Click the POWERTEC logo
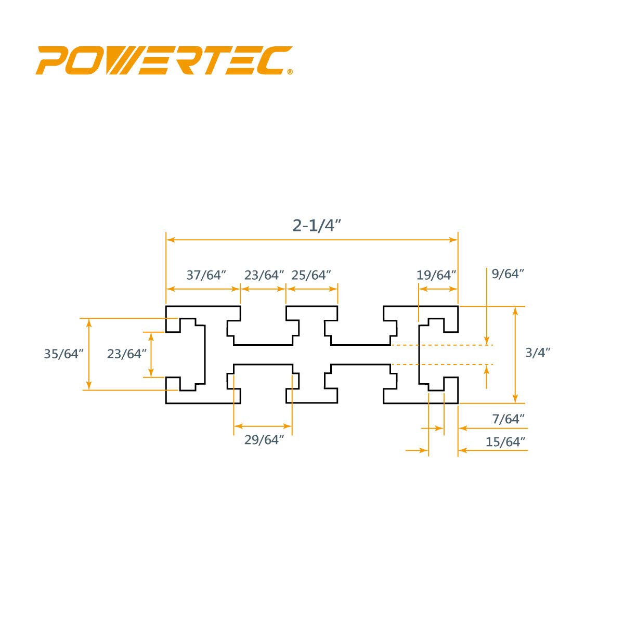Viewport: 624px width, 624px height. click(x=164, y=60)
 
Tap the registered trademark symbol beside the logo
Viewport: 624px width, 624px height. click(x=290, y=72)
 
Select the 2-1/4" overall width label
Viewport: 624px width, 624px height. click(x=317, y=226)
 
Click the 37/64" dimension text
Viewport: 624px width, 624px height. click(x=206, y=275)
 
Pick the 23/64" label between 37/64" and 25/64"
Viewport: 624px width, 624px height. click(x=264, y=275)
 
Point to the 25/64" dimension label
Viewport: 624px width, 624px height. click(x=311, y=275)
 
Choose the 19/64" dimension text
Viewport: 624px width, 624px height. click(x=436, y=275)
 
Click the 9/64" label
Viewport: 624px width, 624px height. click(x=508, y=274)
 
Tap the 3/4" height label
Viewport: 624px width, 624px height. click(x=538, y=353)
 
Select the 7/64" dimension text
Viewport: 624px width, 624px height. click(x=508, y=419)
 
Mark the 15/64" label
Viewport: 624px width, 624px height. click(x=505, y=441)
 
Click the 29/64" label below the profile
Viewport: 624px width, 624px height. click(x=264, y=440)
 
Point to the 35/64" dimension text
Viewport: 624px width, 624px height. click(x=64, y=354)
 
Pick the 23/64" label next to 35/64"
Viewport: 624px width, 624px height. click(x=127, y=354)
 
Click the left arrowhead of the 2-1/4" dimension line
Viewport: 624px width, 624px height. click(x=171, y=240)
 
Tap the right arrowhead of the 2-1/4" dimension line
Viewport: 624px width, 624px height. click(x=453, y=240)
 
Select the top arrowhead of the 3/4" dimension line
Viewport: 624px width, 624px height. click(x=515, y=311)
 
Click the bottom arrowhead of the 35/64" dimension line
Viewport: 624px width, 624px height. click(x=89, y=385)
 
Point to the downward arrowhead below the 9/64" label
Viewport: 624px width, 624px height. click(x=486, y=340)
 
